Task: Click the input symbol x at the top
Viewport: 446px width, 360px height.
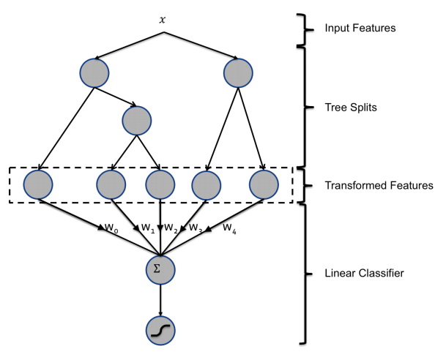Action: (x=163, y=18)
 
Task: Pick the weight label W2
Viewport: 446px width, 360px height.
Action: (x=171, y=228)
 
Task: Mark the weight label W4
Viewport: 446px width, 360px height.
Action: (x=230, y=228)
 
